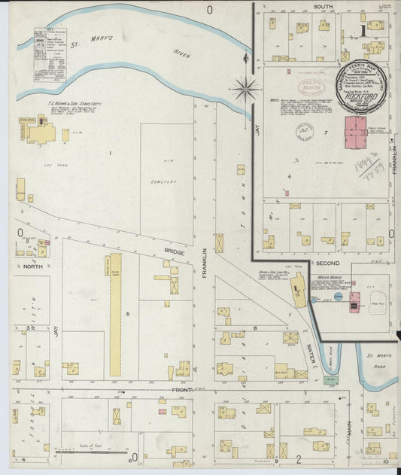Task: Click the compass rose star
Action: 245,90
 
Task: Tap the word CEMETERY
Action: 163,181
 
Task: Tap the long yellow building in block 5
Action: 116,314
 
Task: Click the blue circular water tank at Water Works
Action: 339,297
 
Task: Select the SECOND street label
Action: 327,264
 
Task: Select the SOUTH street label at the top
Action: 324,7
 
